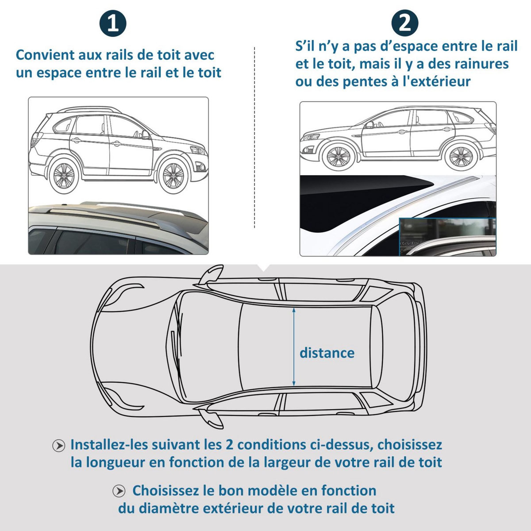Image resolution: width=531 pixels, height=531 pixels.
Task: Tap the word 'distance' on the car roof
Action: pos(327,353)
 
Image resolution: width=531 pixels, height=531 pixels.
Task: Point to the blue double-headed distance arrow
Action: pos(293,347)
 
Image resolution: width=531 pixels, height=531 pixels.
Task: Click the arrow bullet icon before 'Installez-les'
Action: pos(59,445)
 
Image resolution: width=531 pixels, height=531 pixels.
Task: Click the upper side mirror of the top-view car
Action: pos(211,275)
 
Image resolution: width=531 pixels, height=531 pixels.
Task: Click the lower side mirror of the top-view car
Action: pos(211,419)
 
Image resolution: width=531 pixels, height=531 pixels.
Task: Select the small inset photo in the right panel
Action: pos(447,237)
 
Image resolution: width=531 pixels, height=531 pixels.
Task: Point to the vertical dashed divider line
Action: pos(254,137)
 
